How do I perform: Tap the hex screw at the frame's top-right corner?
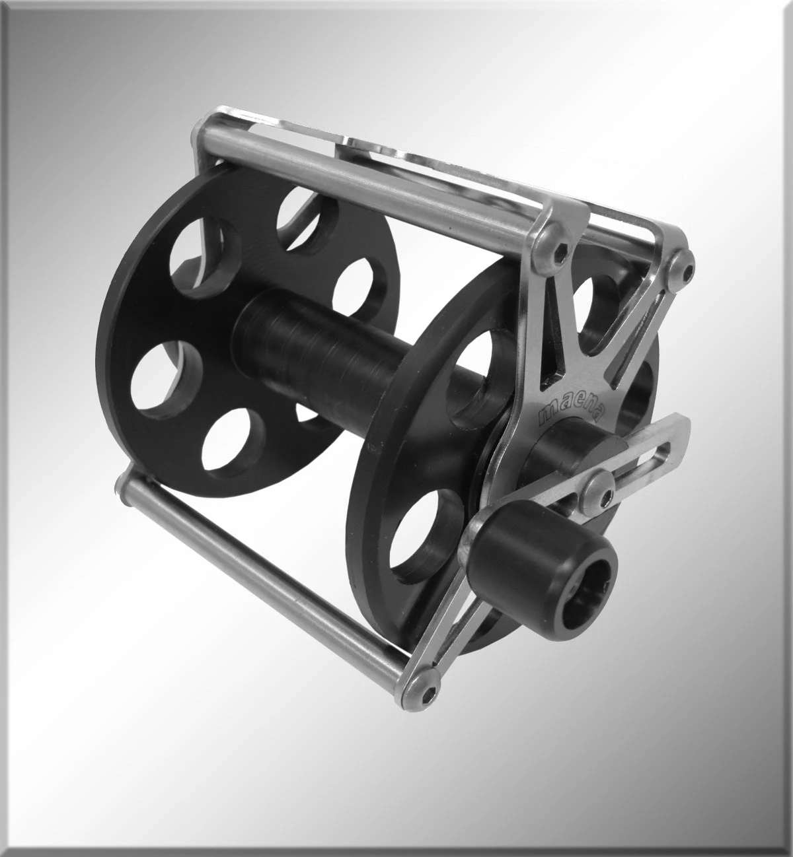click(685, 267)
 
